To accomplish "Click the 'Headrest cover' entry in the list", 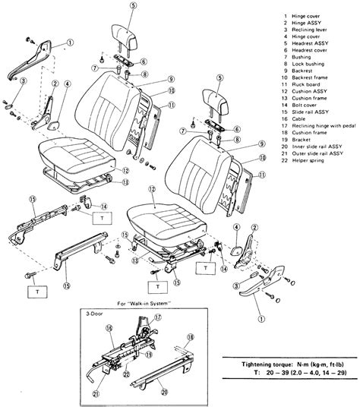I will click(x=310, y=55).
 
